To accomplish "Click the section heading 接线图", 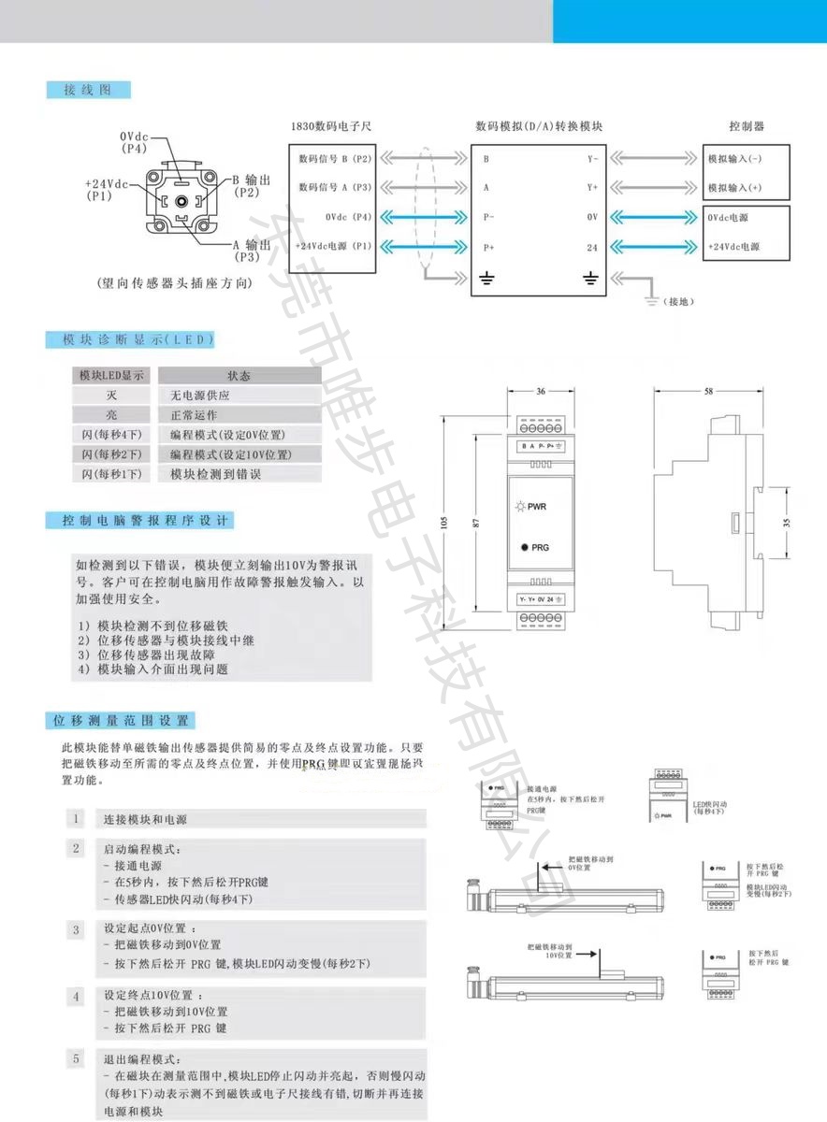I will pos(88,91).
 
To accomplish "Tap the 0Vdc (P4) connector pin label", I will pos(134,142).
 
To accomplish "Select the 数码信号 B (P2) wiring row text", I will pos(335,159).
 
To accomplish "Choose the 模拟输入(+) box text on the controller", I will pos(735,188).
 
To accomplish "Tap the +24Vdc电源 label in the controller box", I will pos(734,247).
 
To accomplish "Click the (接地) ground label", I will pos(675,302).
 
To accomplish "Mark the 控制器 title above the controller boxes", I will pos(747,125).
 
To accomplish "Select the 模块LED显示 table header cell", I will pos(111,376).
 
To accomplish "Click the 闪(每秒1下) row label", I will pos(111,474).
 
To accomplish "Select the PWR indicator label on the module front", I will pos(537,507).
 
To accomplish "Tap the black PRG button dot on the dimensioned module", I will pos(524,546).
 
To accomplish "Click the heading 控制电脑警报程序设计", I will pos(135,520).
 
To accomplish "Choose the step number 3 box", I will pos(77,930).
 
